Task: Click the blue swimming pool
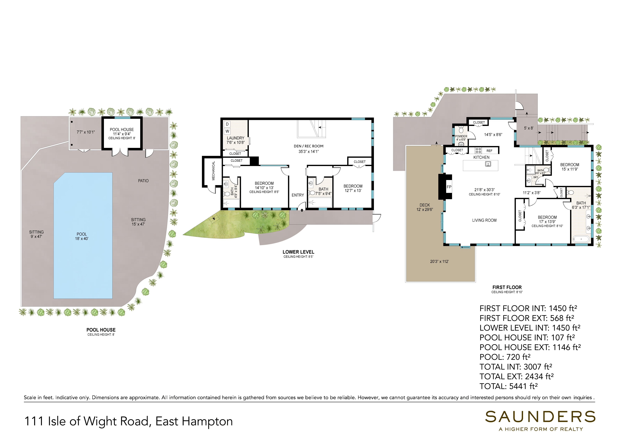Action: pos(83,235)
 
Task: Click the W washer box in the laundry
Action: pos(227,131)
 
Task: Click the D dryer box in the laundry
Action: pos(227,124)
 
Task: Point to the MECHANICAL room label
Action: pos(213,171)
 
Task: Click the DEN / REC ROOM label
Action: pos(309,146)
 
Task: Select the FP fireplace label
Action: pos(449,187)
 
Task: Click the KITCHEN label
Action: pos(481,157)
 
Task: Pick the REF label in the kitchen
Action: pos(490,151)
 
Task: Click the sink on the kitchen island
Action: pos(488,164)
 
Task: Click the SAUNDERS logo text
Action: pos(540,417)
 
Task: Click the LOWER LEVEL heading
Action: pos(298,252)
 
